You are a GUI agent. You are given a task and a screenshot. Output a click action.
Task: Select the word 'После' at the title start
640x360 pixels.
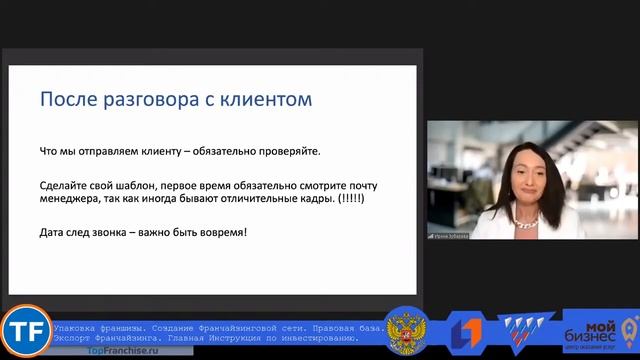coord(63,100)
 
